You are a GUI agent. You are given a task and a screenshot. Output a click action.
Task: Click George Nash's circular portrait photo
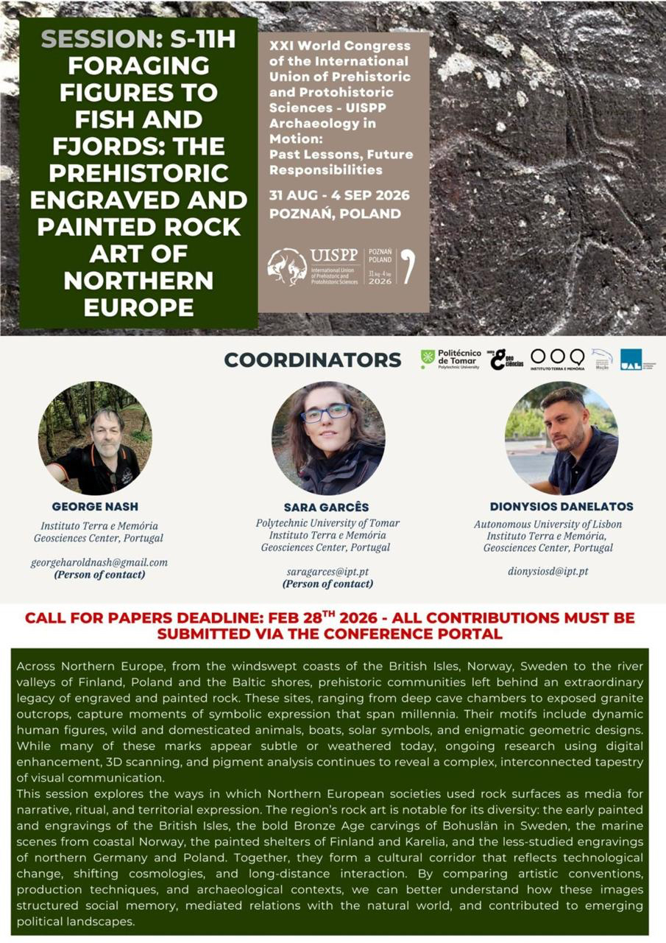click(95, 438)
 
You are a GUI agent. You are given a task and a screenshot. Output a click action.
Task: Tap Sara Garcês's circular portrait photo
click(327, 438)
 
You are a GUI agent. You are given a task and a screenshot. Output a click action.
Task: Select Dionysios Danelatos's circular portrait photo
click(562, 438)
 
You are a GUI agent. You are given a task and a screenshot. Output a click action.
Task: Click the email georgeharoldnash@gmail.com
click(99, 562)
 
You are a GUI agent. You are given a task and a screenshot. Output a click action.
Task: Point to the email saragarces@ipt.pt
click(327, 572)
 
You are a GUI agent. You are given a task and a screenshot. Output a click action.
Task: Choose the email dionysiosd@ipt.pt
click(548, 571)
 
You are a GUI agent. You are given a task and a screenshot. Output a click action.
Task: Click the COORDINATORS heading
click(313, 360)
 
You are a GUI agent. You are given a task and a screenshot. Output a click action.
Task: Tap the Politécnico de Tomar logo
click(450, 359)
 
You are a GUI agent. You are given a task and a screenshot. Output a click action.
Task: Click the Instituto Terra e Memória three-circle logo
click(557, 359)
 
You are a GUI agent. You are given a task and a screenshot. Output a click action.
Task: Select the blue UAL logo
click(631, 359)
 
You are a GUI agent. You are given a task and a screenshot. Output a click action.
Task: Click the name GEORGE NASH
click(95, 507)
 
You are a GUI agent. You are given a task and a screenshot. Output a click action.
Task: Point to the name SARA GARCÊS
click(327, 508)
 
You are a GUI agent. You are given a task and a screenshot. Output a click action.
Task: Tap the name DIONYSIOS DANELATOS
click(562, 507)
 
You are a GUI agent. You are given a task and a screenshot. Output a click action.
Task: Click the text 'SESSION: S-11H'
click(138, 40)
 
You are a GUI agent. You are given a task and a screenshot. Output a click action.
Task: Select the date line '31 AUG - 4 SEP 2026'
click(340, 195)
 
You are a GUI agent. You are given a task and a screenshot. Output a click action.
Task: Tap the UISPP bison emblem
click(287, 267)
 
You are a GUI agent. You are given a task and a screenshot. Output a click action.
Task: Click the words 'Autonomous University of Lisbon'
click(548, 525)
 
